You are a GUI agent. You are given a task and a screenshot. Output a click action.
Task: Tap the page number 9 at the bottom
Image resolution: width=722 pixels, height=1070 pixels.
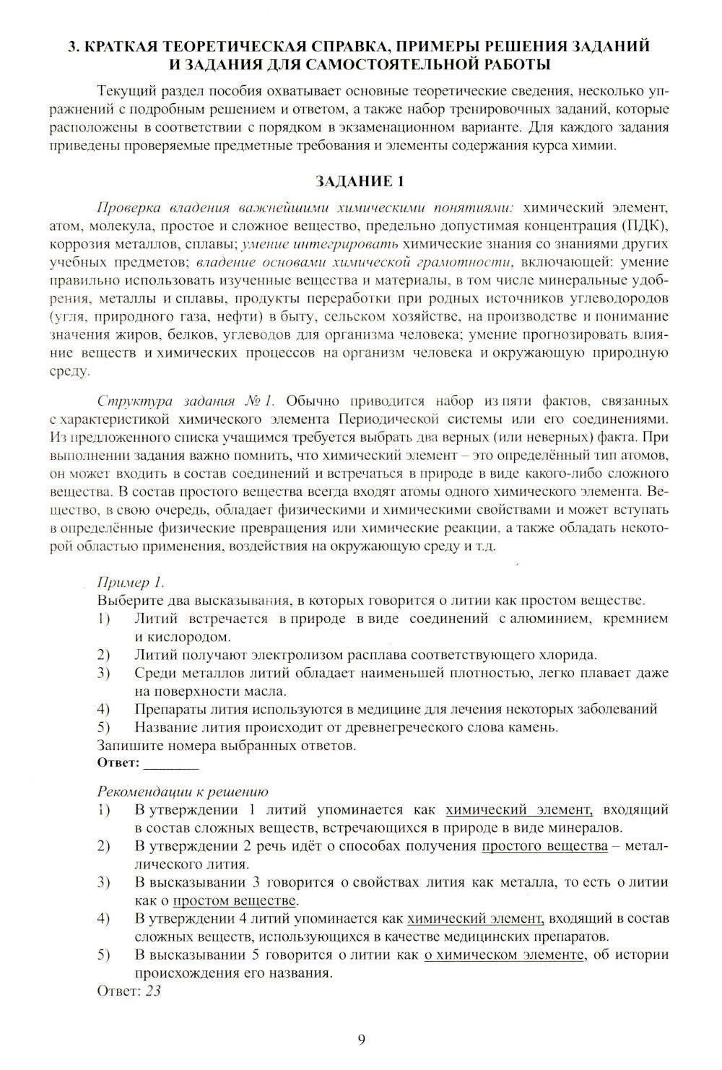tap(361, 1039)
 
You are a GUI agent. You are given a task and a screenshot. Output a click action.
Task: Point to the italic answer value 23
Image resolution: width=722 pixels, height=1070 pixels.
tap(153, 991)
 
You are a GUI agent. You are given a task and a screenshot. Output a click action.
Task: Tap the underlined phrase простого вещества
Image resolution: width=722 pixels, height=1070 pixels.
tap(544, 845)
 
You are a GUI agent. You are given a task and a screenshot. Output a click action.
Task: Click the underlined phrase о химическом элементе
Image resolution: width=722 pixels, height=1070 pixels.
tap(503, 954)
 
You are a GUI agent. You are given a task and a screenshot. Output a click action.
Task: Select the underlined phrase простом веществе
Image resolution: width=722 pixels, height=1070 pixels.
tap(235, 900)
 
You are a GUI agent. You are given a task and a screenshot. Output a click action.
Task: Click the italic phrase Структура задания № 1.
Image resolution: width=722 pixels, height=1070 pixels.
tap(191, 401)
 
